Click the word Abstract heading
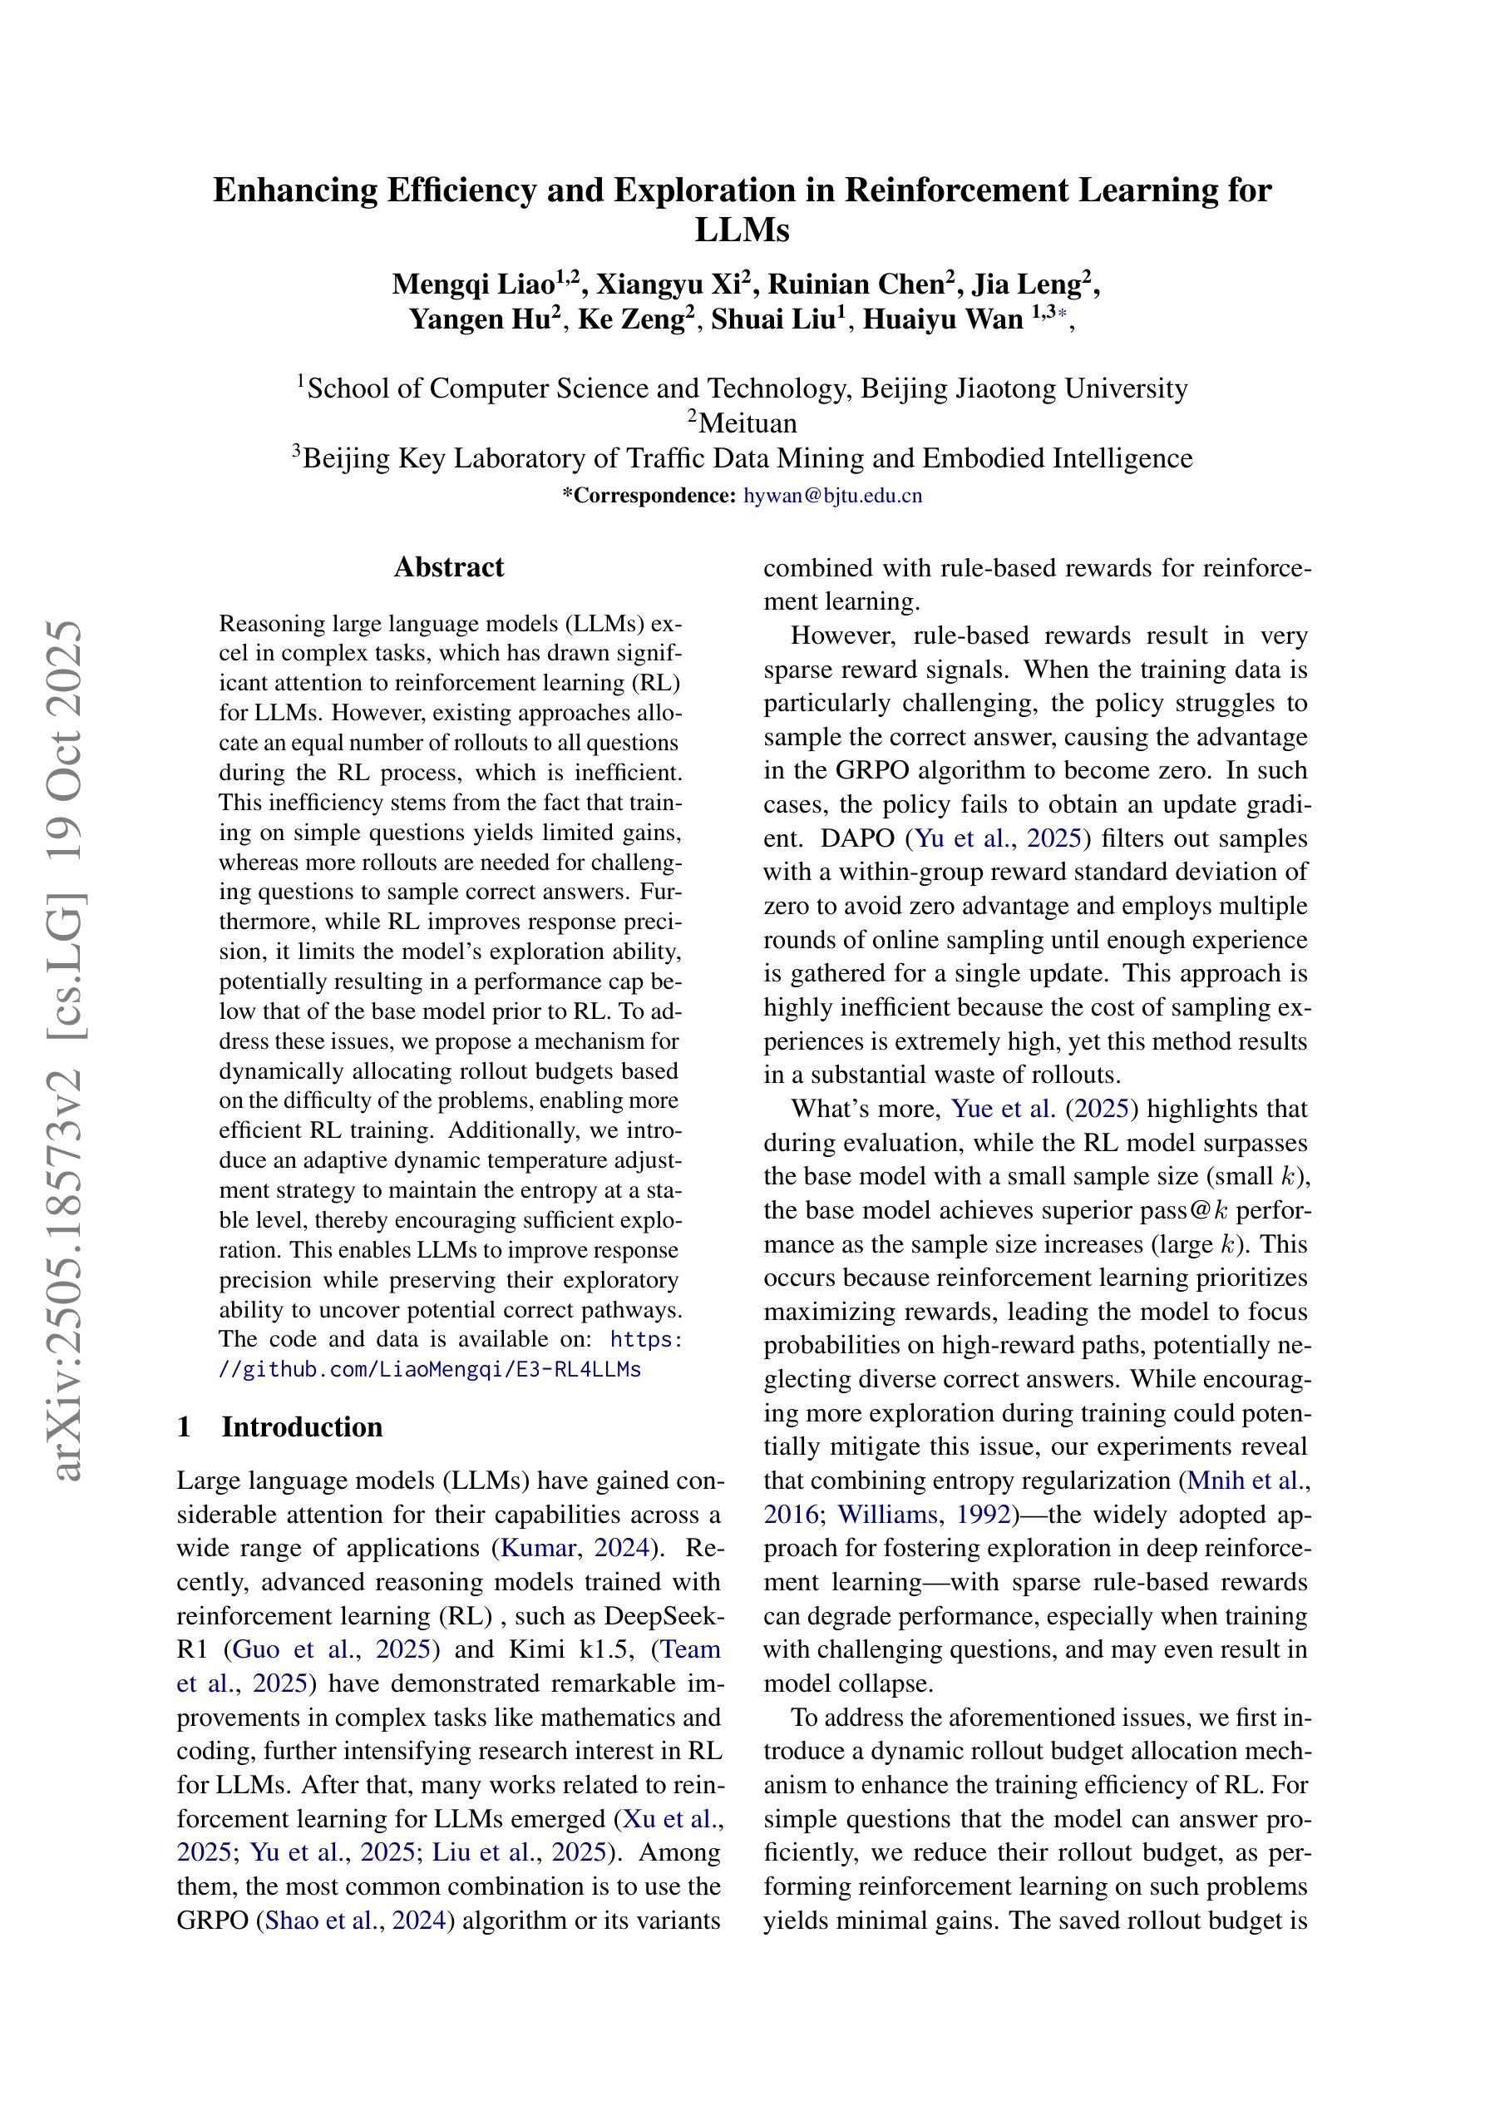[448, 567]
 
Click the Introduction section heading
[301, 1426]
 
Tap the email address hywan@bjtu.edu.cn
[832, 496]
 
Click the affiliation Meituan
[747, 423]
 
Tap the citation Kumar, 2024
[576, 1547]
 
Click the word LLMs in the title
[741, 230]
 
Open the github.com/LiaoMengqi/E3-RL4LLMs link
[430, 1369]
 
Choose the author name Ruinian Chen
[860, 284]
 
